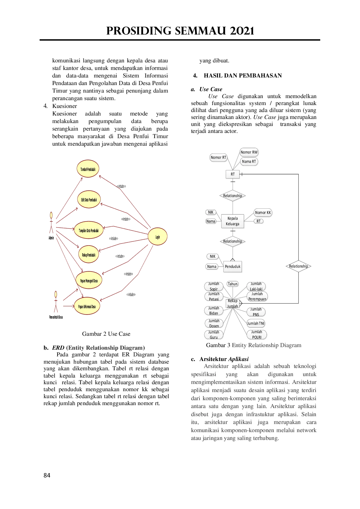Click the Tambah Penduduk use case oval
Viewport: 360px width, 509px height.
click(x=88, y=169)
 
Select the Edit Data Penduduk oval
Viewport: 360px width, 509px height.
click(x=89, y=200)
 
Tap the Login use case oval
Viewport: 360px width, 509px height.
click(x=158, y=237)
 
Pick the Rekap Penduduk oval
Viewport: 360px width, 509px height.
click(x=89, y=255)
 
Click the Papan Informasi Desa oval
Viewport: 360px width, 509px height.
click(x=87, y=306)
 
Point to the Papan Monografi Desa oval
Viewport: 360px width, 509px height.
click(x=89, y=281)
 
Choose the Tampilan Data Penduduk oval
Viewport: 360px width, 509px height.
click(x=89, y=230)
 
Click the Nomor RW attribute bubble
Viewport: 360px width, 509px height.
click(x=249, y=152)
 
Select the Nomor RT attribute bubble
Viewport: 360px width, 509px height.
click(x=218, y=158)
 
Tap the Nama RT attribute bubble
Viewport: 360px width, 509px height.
click(x=249, y=161)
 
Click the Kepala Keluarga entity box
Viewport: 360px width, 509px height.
click(x=233, y=221)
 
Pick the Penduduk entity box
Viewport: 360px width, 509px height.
click(x=233, y=266)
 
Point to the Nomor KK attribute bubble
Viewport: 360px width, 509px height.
click(x=263, y=212)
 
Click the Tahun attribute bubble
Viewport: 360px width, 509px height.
click(x=233, y=284)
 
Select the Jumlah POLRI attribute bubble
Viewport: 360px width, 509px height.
click(x=257, y=334)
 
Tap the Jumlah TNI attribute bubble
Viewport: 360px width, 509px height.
click(x=256, y=323)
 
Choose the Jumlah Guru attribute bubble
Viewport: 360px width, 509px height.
click(x=214, y=335)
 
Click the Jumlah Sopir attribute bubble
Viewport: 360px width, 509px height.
click(x=214, y=286)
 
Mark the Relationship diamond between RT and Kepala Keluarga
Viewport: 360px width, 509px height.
click(x=233, y=196)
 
